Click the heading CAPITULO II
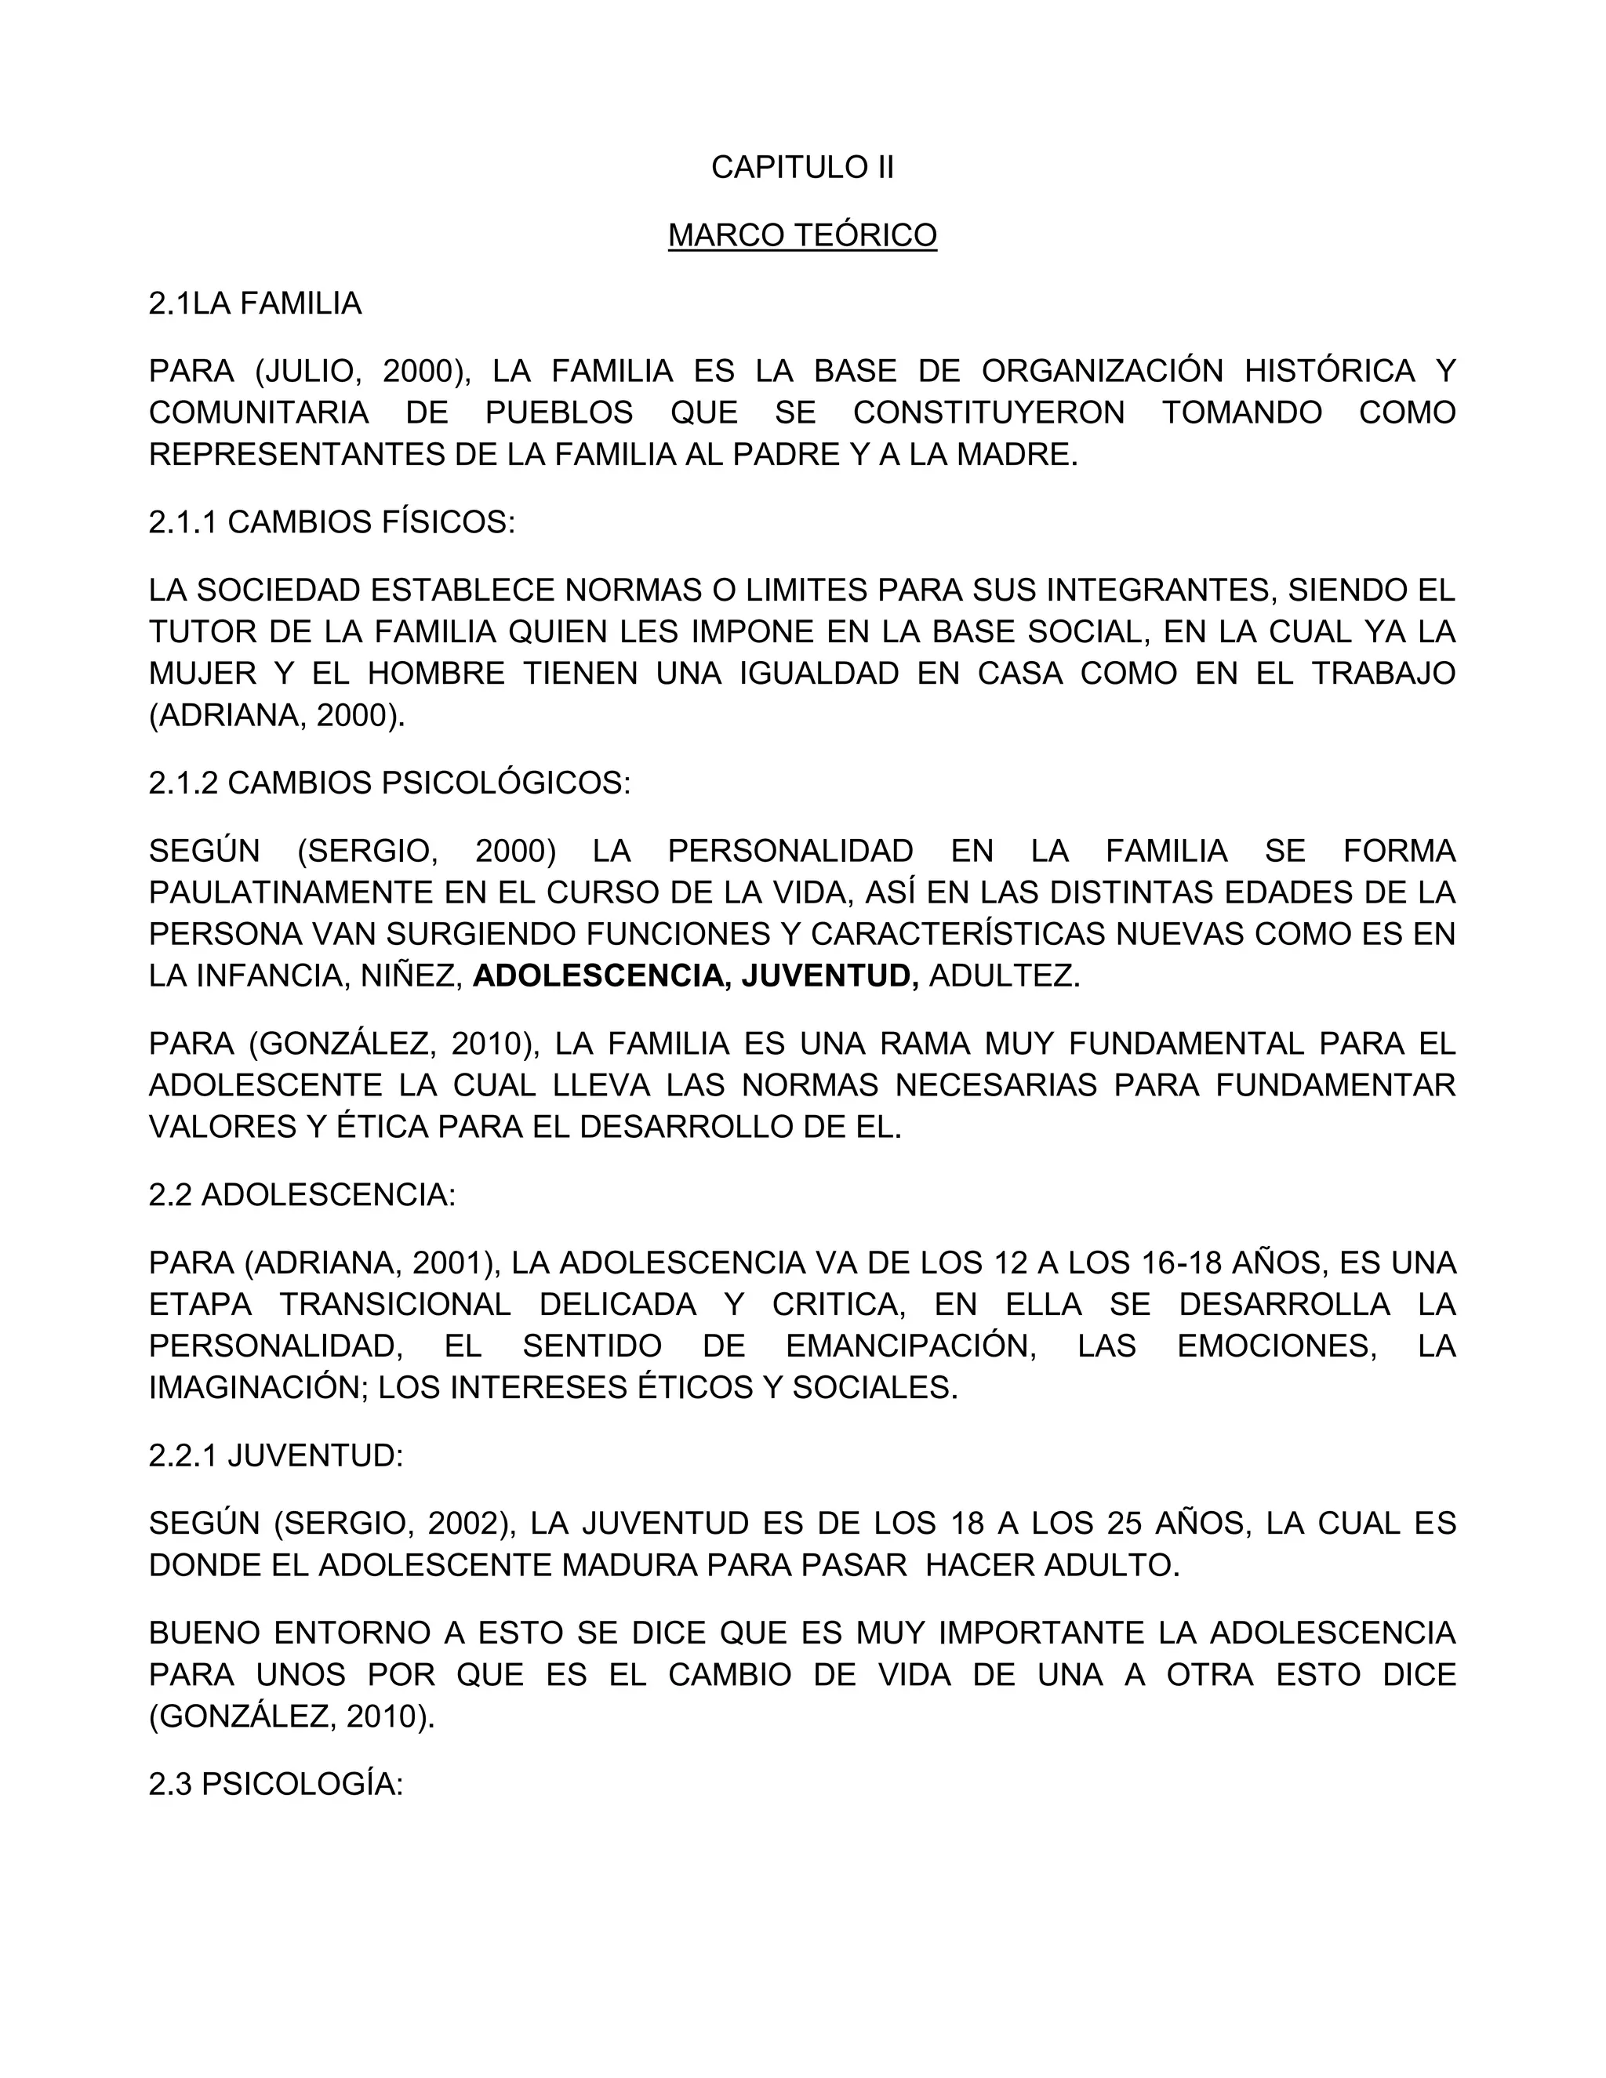tap(802, 168)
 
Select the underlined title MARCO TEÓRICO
tap(802, 235)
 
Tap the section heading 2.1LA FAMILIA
tap(255, 303)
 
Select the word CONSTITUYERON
tap(989, 413)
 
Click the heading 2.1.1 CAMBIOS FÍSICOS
tap(331, 522)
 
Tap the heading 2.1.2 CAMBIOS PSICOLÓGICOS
tap(389, 783)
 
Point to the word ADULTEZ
tap(1004, 976)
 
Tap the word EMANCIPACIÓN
tap(910, 1346)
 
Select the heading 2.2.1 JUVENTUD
tap(276, 1455)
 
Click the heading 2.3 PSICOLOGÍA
tap(276, 1784)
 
